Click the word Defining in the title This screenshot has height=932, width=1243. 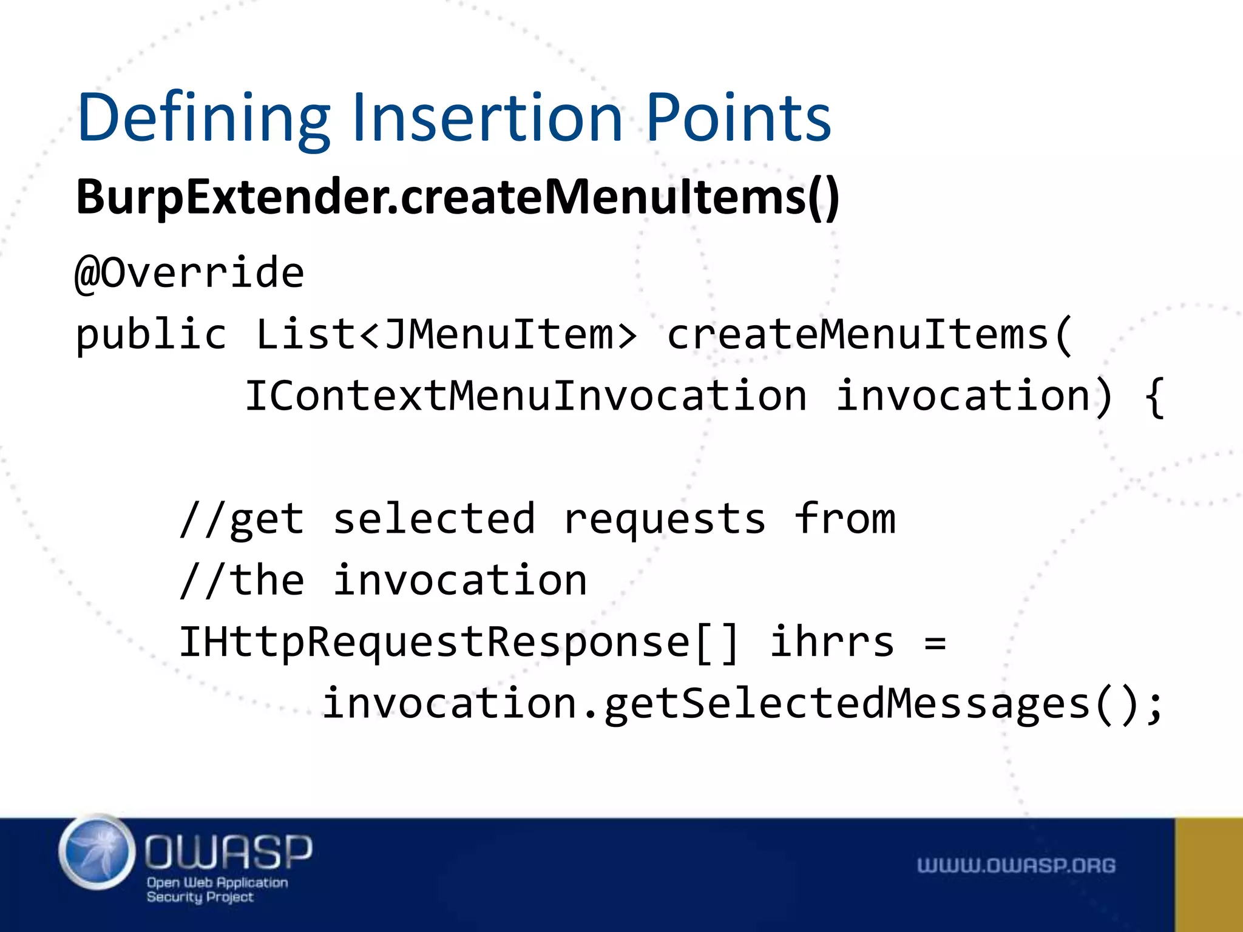tap(204, 118)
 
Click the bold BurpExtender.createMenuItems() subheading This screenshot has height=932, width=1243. tap(458, 197)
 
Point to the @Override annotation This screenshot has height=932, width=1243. tap(189, 273)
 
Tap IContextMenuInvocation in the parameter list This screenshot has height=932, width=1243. tap(526, 396)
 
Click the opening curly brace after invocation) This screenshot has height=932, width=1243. tap(1154, 397)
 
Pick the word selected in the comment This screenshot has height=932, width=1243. tap(434, 519)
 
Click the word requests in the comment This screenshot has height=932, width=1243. tap(665, 521)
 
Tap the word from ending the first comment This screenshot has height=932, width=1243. tap(845, 519)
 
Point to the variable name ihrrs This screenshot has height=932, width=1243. tap(832, 642)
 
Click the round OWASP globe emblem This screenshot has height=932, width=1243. tap(97, 853)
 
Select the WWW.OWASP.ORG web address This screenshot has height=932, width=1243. tap(1016, 866)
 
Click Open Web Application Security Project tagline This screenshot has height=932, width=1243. tap(217, 890)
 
